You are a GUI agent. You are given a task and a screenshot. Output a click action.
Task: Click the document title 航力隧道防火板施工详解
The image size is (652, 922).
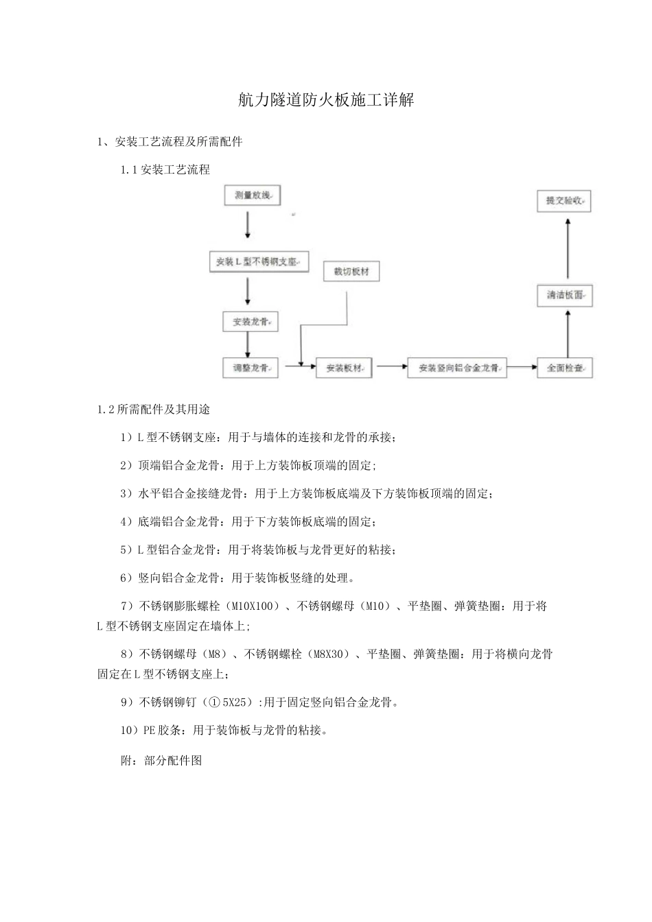[x=326, y=101]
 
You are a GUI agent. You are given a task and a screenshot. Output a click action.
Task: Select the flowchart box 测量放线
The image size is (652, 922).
[x=253, y=196]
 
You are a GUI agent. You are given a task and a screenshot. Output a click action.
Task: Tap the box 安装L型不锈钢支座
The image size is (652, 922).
[x=258, y=261]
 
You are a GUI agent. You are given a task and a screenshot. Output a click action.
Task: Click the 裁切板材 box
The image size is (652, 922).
[x=351, y=271]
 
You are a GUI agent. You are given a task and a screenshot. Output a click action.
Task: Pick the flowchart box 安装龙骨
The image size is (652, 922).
[x=251, y=321]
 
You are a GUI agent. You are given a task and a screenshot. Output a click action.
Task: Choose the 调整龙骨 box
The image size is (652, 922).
[x=251, y=368]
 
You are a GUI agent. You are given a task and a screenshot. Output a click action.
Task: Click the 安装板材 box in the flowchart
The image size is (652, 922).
[x=344, y=368]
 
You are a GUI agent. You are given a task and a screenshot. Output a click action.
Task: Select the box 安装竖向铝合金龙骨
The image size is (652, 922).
[x=457, y=368]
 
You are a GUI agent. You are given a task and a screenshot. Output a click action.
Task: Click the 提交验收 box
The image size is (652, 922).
[x=564, y=201]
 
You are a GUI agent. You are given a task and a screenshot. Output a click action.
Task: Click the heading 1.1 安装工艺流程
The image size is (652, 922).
[x=165, y=169]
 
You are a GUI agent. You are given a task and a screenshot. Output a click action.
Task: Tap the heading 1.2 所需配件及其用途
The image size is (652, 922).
[x=154, y=410]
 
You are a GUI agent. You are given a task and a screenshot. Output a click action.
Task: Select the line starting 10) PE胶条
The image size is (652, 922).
[x=224, y=730]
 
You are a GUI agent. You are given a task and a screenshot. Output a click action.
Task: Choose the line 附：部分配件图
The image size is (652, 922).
[x=161, y=760]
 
